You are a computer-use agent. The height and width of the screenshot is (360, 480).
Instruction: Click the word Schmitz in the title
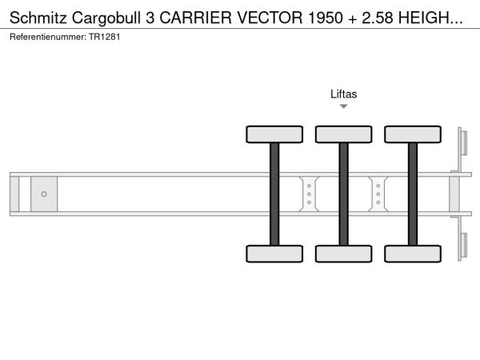(38, 18)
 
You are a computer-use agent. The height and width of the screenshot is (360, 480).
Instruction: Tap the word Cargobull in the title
(106, 18)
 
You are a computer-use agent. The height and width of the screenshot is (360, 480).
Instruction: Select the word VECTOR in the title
(270, 18)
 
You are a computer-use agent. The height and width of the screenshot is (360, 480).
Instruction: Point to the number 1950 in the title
(326, 18)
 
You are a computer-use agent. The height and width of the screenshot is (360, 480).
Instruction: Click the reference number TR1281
(104, 37)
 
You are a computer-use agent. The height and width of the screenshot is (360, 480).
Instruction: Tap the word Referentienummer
(48, 37)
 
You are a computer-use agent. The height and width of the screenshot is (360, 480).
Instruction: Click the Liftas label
(343, 94)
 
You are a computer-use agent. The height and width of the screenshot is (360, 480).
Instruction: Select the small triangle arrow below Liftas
(343, 106)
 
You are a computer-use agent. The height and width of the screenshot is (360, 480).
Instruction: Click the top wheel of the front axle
(274, 134)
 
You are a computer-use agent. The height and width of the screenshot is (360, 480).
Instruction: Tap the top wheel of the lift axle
(344, 134)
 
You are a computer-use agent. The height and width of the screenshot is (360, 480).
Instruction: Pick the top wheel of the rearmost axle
(413, 134)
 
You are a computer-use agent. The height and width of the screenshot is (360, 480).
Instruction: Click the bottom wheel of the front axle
(274, 254)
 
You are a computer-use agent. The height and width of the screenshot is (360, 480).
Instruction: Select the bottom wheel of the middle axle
(344, 254)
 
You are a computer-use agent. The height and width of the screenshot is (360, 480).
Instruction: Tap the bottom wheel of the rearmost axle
(413, 254)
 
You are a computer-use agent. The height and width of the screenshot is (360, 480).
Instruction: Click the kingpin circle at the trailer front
(44, 194)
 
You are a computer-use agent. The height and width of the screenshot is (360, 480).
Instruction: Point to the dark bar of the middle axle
(344, 194)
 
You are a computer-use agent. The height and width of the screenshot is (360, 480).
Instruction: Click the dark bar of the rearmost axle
(413, 194)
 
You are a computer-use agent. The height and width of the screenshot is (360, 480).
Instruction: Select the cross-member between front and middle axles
(309, 194)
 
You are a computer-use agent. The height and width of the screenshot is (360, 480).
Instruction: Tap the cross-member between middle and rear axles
(378, 194)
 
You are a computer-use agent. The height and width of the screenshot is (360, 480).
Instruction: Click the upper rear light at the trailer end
(463, 143)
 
